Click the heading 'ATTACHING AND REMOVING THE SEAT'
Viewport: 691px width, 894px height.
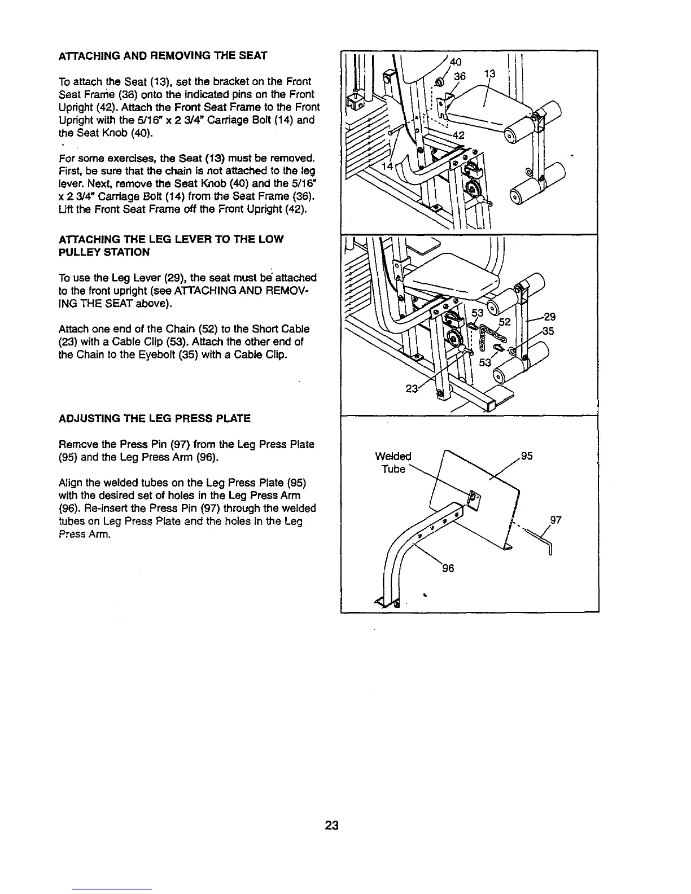163,55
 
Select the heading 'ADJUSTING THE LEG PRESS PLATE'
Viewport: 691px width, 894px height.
154,418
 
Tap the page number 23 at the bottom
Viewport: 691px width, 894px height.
331,826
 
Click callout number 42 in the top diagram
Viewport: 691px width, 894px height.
458,135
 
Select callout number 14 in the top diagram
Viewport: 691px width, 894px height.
388,166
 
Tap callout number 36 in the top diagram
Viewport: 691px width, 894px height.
461,76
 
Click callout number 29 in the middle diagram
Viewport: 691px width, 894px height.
549,318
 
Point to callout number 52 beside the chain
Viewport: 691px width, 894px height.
504,321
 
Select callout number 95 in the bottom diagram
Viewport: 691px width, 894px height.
527,456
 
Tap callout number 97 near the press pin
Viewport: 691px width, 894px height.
556,520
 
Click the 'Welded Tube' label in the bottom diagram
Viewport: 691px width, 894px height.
393,462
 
